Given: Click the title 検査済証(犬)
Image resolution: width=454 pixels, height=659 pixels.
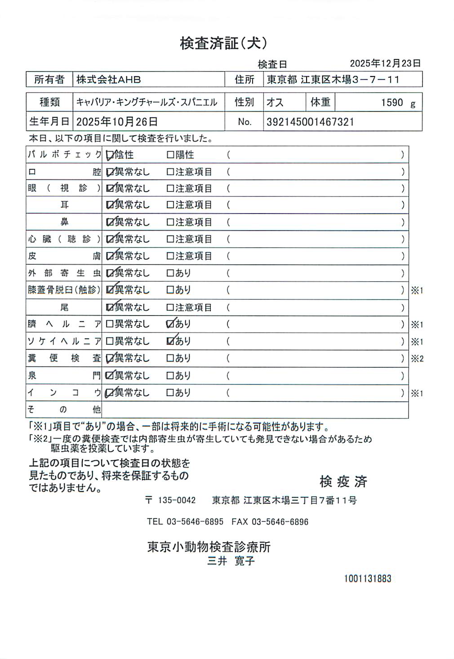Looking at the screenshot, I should (223, 43).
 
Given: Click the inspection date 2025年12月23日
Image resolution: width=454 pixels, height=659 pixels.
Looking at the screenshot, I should (385, 63).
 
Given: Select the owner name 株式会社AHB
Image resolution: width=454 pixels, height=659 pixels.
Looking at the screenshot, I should (108, 80).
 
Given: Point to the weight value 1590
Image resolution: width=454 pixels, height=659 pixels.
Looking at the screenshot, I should (392, 102).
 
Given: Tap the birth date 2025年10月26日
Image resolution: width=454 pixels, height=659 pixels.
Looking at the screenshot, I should (117, 122).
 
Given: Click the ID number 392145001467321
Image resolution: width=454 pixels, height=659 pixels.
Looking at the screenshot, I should (310, 122).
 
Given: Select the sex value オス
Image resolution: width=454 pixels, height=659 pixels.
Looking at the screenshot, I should (275, 102).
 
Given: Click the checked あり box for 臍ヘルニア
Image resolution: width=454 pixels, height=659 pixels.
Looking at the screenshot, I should (170, 324).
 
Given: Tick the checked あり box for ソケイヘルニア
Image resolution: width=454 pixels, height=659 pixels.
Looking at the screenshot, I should (170, 341).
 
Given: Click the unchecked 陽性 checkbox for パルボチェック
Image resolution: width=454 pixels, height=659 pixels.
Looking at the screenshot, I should (170, 155).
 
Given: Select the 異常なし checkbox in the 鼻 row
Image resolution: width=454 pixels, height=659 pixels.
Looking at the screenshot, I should (110, 222).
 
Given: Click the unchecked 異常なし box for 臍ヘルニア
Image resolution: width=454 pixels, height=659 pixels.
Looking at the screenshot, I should (110, 324).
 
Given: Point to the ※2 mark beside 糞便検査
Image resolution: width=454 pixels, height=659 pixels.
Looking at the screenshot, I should (417, 359).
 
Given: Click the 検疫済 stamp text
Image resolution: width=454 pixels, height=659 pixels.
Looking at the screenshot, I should (343, 481).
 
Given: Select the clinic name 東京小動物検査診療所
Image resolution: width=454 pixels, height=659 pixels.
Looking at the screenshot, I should (209, 547).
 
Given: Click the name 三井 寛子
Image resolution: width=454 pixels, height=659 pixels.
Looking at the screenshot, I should (231, 561).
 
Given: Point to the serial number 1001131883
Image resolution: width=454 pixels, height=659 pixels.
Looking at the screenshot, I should (368, 579).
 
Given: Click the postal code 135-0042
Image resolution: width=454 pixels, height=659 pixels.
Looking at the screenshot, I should (177, 500).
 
